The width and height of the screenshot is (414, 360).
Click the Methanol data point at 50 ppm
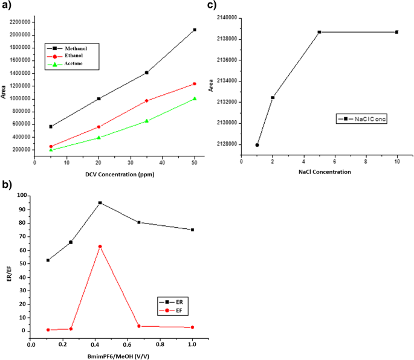[x=195, y=30]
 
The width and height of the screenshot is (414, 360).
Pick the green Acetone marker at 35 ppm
[x=146, y=121]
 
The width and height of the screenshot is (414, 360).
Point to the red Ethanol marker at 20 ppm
[x=99, y=127]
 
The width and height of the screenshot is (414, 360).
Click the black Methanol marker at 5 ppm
[x=51, y=127]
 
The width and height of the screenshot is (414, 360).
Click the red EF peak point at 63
[x=100, y=246]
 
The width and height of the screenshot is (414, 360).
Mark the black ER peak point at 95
[x=100, y=203]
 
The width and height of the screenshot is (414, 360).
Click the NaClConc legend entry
[x=363, y=120]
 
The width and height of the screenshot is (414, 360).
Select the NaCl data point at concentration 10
[x=396, y=32]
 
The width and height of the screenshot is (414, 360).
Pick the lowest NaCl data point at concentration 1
[x=257, y=145]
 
